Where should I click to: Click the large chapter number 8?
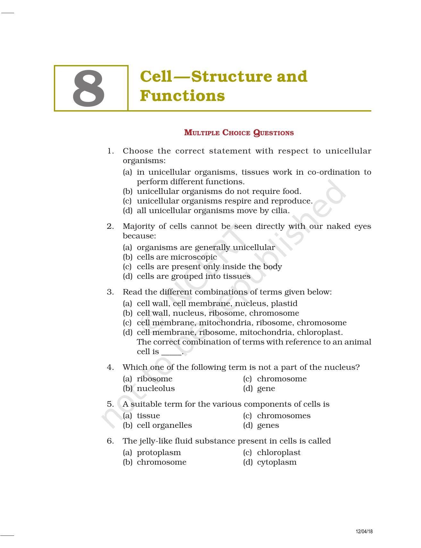89,89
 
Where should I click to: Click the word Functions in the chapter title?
182,96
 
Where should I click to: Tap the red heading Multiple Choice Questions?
239,133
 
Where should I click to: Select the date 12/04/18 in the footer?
364,532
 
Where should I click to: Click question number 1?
110,151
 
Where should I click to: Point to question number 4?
110,367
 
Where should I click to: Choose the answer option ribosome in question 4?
155,379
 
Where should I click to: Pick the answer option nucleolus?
156,388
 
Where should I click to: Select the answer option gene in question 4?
266,389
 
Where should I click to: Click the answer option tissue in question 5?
148,416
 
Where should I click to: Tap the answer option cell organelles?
164,425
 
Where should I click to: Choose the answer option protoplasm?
159,453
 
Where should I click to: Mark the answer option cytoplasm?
277,462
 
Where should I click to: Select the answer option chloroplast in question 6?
279,453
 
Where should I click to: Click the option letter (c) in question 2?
127,267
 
